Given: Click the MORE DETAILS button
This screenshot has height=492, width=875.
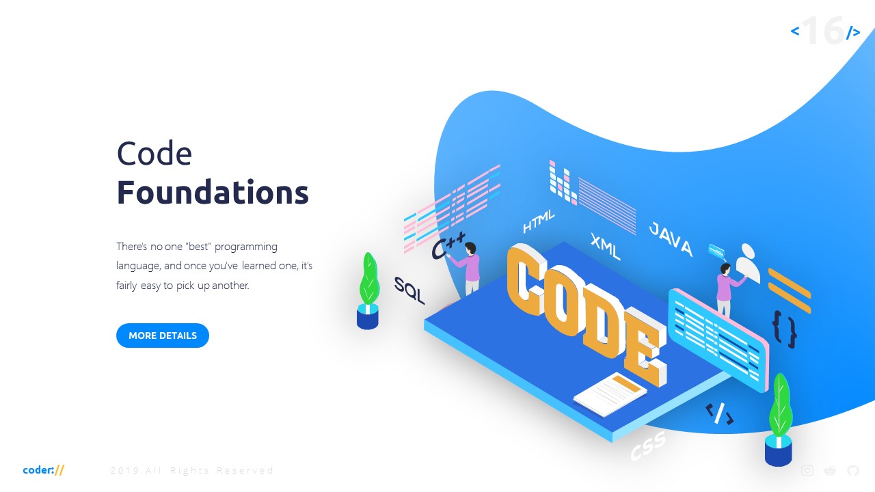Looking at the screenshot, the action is pos(163,336).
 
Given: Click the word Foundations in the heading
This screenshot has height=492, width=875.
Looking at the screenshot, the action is pos(213,192).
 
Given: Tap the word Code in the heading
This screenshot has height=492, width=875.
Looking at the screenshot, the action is pos(154,154).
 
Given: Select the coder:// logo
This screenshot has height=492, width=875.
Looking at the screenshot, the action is pos(43,469).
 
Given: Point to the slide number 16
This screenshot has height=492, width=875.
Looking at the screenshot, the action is pos(825,31).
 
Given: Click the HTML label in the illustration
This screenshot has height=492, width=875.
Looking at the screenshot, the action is pos(539,221).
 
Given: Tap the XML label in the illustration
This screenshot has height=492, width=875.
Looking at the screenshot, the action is pos(605,247).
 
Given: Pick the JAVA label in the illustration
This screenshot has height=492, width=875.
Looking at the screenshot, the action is pos(671,239).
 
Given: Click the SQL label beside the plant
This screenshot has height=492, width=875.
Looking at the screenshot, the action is pos(409,290).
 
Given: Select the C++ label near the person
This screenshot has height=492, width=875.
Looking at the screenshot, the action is pos(448,245).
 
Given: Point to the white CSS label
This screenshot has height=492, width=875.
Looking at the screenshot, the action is pos(648,446).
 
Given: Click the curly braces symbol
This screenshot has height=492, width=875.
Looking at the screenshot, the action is pos(784,329).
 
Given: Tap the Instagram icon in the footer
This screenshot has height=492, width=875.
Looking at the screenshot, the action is pos(807,470).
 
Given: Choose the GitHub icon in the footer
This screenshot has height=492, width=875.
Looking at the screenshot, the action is pos(854,470).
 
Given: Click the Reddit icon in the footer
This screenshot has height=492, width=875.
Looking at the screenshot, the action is pos(830,470).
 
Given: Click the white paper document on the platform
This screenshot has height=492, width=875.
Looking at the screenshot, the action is pos(610,394).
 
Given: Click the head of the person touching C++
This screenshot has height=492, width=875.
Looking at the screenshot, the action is pos(470,248).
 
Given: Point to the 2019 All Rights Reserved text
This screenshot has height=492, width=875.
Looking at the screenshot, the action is pos(192,471).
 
